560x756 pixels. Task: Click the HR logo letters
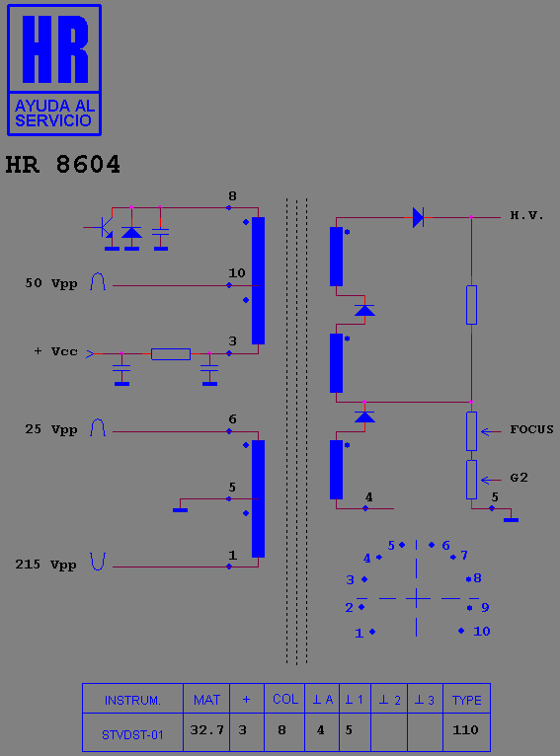[54, 48]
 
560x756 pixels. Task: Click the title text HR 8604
[62, 165]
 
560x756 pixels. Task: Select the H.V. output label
[526, 215]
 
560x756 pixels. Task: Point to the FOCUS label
[531, 429]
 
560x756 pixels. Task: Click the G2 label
[519, 478]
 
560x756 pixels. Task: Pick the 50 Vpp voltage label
[51, 283]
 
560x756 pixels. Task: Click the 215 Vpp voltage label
[45, 565]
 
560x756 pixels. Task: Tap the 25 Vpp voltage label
[51, 429]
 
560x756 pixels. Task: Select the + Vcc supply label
[55, 351]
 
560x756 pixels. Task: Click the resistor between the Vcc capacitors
[171, 354]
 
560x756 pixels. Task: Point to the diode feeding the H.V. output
[418, 217]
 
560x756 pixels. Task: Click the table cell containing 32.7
[207, 730]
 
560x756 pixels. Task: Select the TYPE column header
[466, 700]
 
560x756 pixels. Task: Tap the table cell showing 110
[466, 730]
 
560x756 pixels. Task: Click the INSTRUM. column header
[132, 700]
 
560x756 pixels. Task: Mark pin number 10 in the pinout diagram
[481, 631]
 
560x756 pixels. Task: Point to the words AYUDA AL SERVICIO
[54, 113]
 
